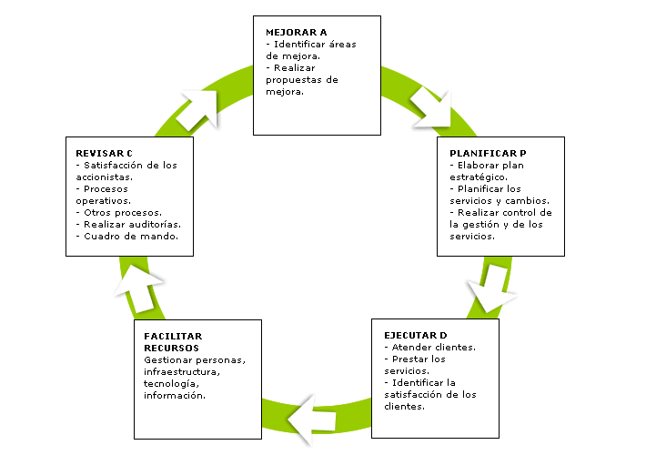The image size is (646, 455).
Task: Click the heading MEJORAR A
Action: (296, 32)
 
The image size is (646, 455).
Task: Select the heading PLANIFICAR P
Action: (489, 153)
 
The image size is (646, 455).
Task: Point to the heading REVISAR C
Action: (106, 153)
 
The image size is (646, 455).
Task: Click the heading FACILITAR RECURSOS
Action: (173, 342)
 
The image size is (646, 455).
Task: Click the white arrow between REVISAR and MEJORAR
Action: (199, 108)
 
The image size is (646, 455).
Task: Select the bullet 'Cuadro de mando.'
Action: (130, 236)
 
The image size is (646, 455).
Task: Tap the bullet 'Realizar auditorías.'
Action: (132, 224)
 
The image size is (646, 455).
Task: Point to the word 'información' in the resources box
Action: (174, 395)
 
